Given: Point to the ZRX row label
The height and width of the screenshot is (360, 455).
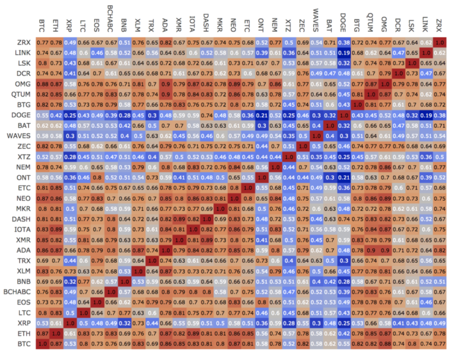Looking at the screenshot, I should click(x=19, y=43).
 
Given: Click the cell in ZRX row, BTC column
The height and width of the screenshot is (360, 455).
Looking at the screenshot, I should click(x=43, y=43).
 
